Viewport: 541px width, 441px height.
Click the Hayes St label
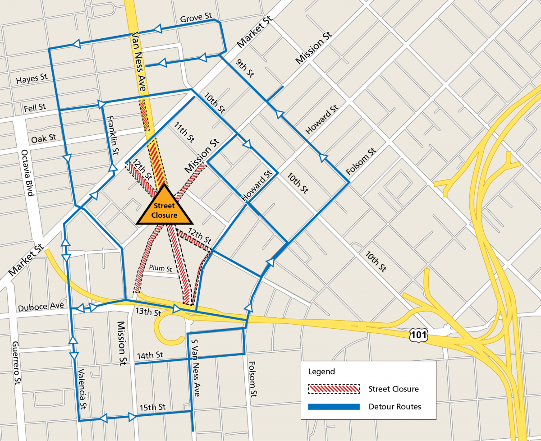pos(32,78)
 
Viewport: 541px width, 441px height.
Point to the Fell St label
pos(34,107)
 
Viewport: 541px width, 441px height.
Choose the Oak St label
pos(43,137)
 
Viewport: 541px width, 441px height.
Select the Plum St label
pos(161,268)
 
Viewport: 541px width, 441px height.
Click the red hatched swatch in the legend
pos(334,389)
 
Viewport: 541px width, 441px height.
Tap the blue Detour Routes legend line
pos(334,407)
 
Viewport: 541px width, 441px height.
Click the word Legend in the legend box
pos(321,372)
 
